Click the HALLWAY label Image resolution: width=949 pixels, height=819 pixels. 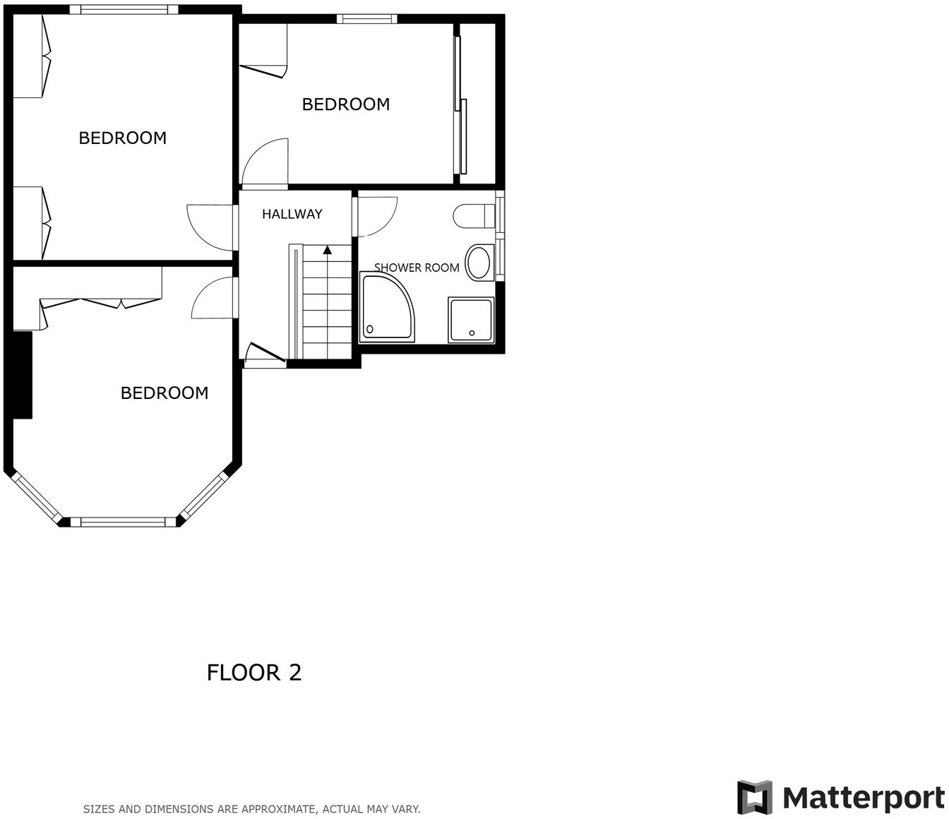coord(292,214)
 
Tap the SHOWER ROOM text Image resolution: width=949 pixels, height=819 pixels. coord(417,268)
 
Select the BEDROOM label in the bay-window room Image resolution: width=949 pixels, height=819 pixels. coord(165,393)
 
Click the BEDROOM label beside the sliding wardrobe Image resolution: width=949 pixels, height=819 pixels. coord(345,104)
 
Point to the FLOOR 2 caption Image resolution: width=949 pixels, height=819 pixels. coord(253,673)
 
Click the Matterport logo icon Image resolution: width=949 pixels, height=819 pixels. coord(754,797)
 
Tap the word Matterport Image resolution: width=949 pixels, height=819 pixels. coord(863,799)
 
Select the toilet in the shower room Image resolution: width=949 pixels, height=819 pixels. coord(474,216)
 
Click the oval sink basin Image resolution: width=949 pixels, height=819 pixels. coord(479,263)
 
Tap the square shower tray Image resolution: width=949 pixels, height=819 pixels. coord(471,320)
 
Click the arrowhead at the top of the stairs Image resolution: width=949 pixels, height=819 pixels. coord(328,249)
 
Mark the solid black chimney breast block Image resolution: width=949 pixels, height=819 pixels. coord(23,375)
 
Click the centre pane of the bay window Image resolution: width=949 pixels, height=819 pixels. coord(123,522)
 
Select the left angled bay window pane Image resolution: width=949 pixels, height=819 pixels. coord(36,498)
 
